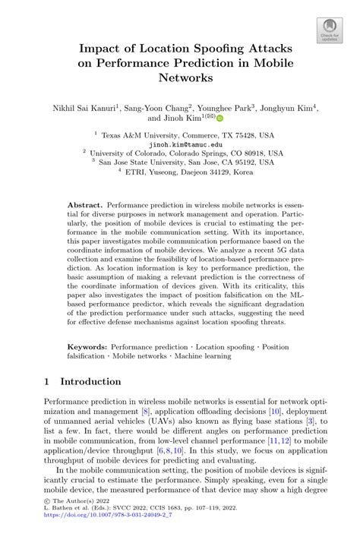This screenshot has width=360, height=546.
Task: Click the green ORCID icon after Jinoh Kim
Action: pyautogui.click(x=219, y=119)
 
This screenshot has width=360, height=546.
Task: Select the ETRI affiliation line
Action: pyautogui.click(x=185, y=172)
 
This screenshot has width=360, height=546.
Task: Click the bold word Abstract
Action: pyautogui.click(x=84, y=205)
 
